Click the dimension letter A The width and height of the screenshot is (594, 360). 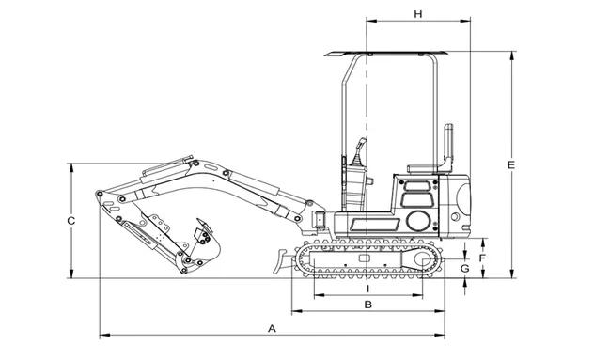(x=272, y=328)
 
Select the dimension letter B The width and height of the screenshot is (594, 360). (x=367, y=305)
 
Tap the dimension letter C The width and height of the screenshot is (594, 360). (x=70, y=221)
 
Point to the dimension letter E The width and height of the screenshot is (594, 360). (x=511, y=165)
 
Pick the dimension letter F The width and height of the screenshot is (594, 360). (x=482, y=258)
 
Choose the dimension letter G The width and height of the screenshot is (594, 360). (x=465, y=268)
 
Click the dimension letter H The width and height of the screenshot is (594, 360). (x=418, y=14)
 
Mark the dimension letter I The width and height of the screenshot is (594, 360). (x=367, y=289)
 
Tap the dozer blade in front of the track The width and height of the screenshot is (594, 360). (x=282, y=260)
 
